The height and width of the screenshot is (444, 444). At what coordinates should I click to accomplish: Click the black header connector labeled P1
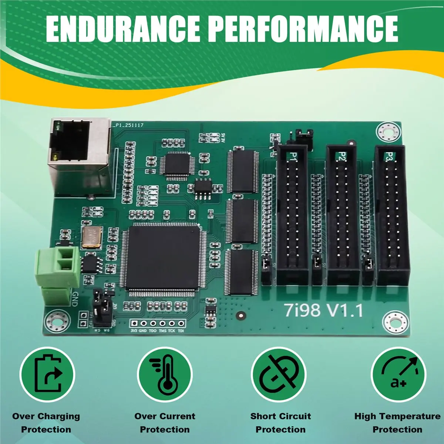coord(292,215)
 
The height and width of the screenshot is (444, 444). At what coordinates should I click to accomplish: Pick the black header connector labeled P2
coord(342,215)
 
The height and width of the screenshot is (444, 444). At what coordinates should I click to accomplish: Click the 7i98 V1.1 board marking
coord(323,310)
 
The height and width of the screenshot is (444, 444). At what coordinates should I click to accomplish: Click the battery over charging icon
coord(47,374)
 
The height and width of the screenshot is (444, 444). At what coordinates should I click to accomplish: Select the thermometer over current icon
coord(165,374)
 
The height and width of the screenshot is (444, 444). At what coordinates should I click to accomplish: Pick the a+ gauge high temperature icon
coord(398,374)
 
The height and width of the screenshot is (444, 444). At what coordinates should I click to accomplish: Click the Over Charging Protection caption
coord(46,423)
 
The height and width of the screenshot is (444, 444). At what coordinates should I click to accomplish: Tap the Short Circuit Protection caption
coord(280,423)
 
